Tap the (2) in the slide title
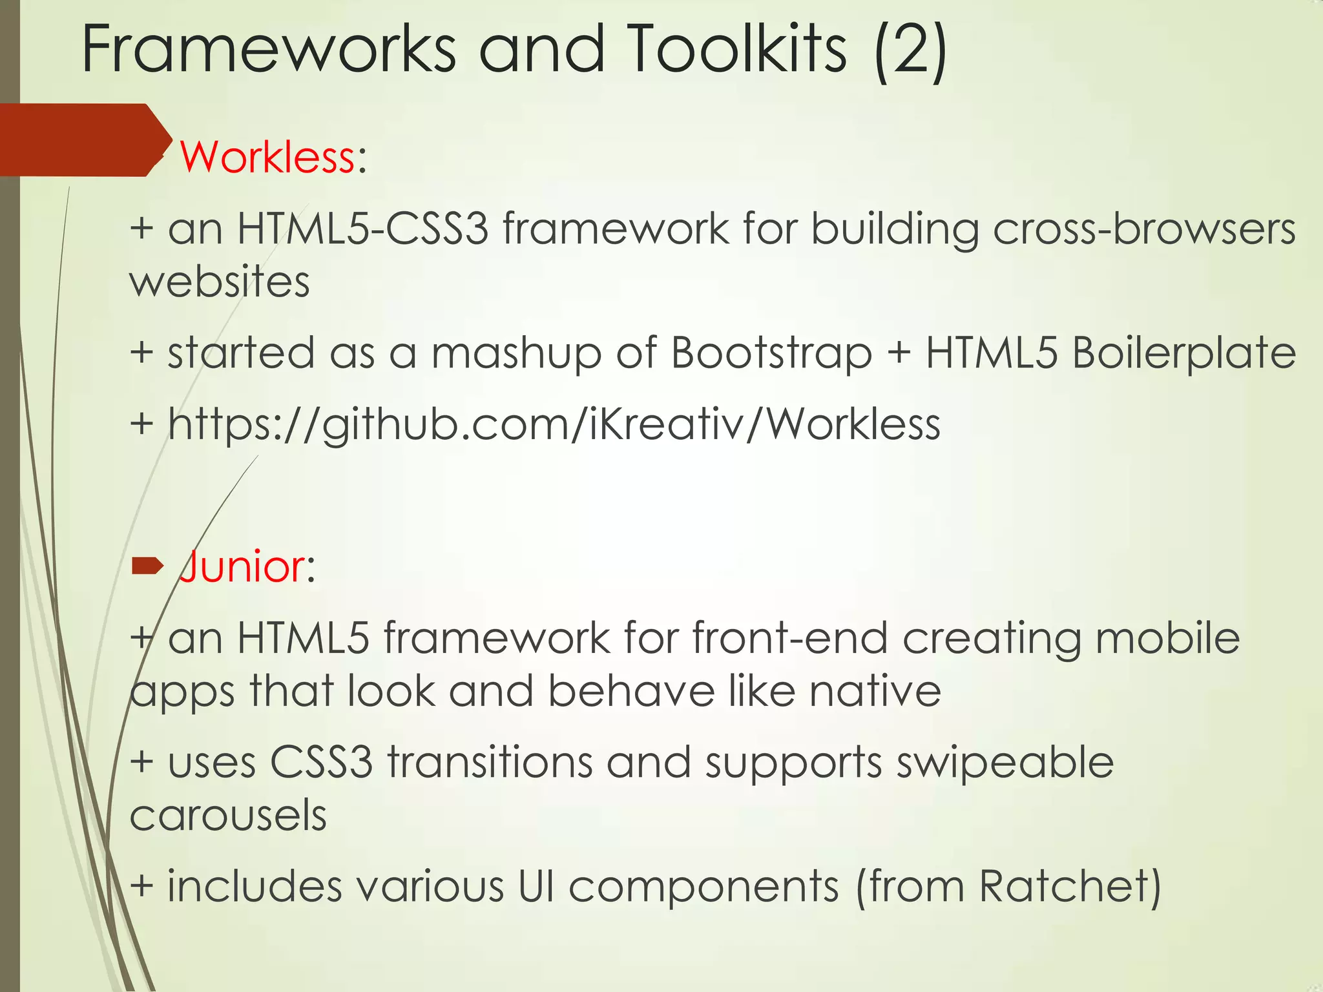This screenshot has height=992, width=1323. pyautogui.click(x=911, y=50)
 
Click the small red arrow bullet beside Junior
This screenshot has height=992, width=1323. pyautogui.click(x=148, y=566)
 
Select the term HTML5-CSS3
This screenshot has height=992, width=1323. pyautogui.click(x=362, y=229)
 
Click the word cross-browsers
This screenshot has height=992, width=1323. pyautogui.click(x=1144, y=229)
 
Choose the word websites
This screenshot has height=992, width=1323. pyautogui.click(x=220, y=282)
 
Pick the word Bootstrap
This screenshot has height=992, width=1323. pyautogui.click(x=772, y=353)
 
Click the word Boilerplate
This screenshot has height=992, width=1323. pyautogui.click(x=1183, y=353)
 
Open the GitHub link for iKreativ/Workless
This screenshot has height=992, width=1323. pyautogui.click(x=554, y=425)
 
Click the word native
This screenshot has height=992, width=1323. pyautogui.click(x=875, y=691)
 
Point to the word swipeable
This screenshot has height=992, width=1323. pyautogui.click(x=1005, y=762)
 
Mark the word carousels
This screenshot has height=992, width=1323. pyautogui.click(x=228, y=815)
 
